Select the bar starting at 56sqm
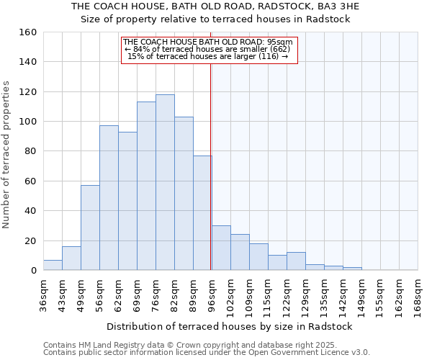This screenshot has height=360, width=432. tap(109, 198)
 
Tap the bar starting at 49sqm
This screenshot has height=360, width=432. tap(90, 228)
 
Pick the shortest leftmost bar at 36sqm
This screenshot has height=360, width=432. tap(53, 265)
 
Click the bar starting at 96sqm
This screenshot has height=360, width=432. tap(221, 248)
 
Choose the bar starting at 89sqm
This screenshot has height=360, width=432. tap(202, 213)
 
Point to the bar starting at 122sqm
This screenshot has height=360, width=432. tap(296, 261)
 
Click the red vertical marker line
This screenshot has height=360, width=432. tap(210, 166)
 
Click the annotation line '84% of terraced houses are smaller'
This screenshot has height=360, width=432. tap(209, 49)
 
